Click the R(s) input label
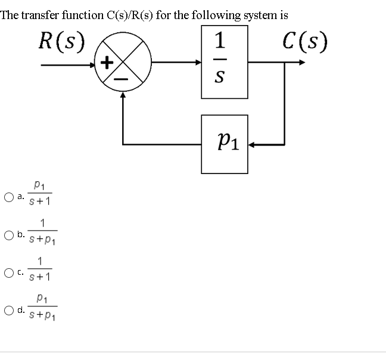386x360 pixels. point(61,41)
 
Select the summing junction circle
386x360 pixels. point(123,62)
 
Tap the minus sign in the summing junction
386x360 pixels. point(123,77)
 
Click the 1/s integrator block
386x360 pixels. point(225,62)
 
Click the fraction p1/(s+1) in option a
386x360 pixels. point(41,194)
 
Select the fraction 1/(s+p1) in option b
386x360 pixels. point(42,232)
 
